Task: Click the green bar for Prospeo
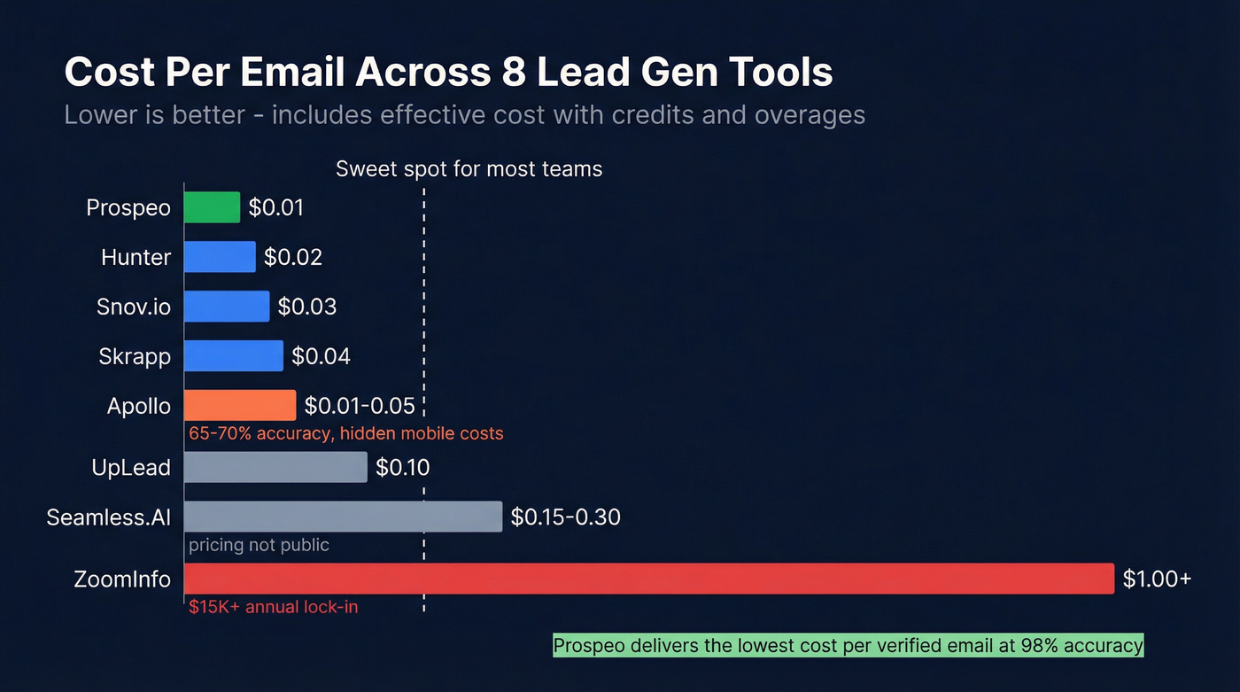point(212,207)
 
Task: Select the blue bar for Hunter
point(220,257)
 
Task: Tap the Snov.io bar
point(227,307)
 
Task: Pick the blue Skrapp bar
point(234,356)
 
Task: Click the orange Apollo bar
point(240,406)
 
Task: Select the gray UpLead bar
point(275,467)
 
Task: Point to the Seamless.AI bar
point(343,517)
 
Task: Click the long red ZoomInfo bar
point(648,579)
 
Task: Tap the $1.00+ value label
point(1157,579)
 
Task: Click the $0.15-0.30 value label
point(565,517)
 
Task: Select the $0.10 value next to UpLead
point(403,467)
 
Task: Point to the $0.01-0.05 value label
point(360,406)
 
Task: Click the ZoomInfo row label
point(122,579)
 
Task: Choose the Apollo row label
point(138,406)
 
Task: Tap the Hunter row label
point(136,257)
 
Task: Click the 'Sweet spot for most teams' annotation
point(469,168)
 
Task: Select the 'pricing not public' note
point(259,545)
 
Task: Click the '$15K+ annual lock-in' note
point(273,607)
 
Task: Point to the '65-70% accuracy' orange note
point(345,433)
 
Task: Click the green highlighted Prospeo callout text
point(848,645)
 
